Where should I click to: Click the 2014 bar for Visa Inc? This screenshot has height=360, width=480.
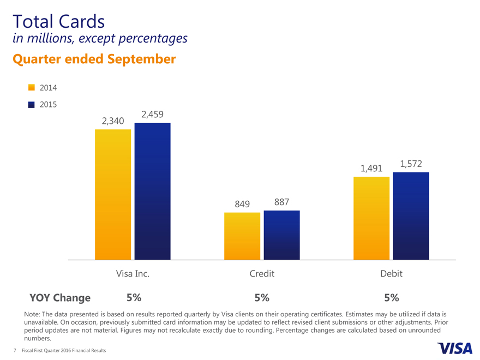pyautogui.click(x=113, y=194)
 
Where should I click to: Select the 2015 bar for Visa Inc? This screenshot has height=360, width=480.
pyautogui.click(x=152, y=191)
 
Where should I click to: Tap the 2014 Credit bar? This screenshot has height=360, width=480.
pyautogui.click(x=242, y=236)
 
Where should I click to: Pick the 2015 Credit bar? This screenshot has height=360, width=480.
pyautogui.click(x=281, y=235)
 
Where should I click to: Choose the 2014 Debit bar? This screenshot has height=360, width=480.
pyautogui.click(x=371, y=218)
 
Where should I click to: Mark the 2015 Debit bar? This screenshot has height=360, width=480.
pyautogui.click(x=411, y=216)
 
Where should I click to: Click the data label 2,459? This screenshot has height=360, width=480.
pyautogui.click(x=152, y=115)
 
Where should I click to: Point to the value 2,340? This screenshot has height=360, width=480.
pyautogui.click(x=113, y=121)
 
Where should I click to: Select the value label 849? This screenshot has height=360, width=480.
pyautogui.click(x=242, y=204)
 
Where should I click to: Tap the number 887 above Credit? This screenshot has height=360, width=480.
pyautogui.click(x=281, y=202)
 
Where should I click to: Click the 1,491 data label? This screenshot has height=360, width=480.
pyautogui.click(x=371, y=169)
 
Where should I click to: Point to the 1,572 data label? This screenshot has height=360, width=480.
pyautogui.click(x=411, y=164)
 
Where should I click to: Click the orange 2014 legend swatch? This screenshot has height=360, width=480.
pyautogui.click(x=32, y=87)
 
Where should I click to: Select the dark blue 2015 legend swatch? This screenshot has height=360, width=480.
pyautogui.click(x=32, y=104)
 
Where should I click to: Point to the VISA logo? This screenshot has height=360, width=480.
pyautogui.click(x=454, y=347)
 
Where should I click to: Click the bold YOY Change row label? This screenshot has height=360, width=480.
pyautogui.click(x=60, y=298)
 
